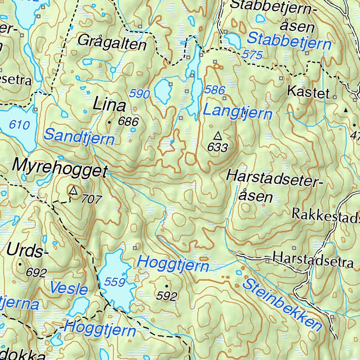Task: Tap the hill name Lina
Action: click(109, 105)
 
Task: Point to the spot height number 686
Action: click(128, 122)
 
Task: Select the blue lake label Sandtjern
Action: click(79, 136)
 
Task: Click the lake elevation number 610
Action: click(19, 124)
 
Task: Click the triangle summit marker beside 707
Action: click(73, 191)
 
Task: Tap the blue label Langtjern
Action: click(238, 112)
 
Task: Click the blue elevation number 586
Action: click(214, 90)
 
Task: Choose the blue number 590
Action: click(140, 94)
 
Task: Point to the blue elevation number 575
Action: click(252, 54)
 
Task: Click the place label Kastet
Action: click(308, 92)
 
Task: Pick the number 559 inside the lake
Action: click(115, 282)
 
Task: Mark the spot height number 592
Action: click(166, 296)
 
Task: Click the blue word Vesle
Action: click(69, 288)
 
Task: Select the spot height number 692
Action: click(36, 272)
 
